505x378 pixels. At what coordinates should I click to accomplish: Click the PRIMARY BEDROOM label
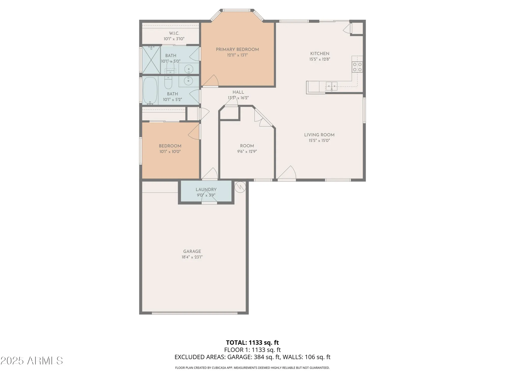[x=237, y=50]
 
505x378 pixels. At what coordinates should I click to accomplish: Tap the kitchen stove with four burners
[x=357, y=67]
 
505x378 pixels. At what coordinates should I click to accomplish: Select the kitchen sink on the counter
[x=332, y=86]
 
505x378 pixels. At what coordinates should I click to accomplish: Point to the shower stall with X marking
[x=151, y=60]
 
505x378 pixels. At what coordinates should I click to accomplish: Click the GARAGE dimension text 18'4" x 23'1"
[x=192, y=257]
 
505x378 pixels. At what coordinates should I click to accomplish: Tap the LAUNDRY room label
[x=206, y=190]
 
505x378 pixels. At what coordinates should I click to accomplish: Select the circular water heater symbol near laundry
[x=240, y=187]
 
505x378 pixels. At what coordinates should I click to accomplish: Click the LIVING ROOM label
[x=319, y=135]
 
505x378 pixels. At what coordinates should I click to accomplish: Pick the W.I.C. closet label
[x=174, y=33]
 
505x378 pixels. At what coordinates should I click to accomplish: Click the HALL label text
[x=238, y=92]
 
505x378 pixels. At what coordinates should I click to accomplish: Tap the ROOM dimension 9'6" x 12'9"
[x=247, y=151]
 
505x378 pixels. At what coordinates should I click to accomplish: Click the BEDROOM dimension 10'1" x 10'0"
[x=170, y=151]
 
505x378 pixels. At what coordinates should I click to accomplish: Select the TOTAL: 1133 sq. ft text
[x=252, y=342]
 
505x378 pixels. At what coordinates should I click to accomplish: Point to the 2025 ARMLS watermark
[x=31, y=361]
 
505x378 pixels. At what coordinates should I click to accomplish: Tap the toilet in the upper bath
[x=170, y=67]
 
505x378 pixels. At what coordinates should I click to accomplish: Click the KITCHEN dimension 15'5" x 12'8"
[x=320, y=59]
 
